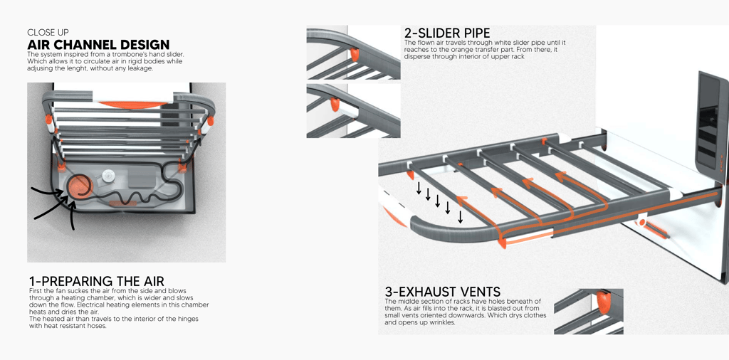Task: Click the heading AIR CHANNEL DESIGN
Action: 98,45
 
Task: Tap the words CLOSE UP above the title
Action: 48,32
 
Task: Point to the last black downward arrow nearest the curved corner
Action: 461,216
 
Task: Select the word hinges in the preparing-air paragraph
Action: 184,319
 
